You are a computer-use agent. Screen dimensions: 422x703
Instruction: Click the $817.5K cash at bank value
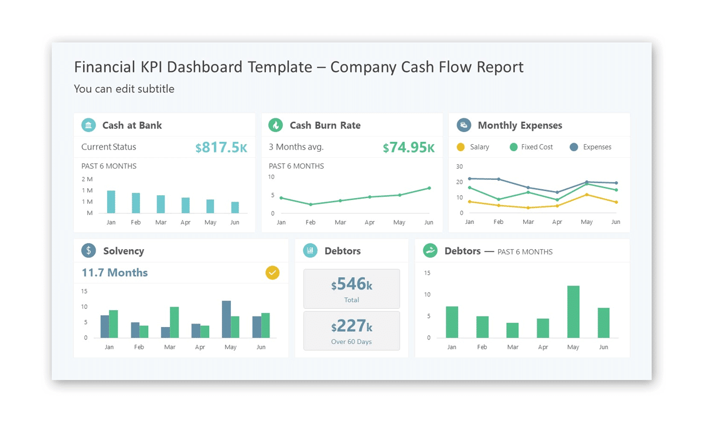[221, 147]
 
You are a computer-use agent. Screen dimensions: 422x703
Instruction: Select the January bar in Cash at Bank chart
[111, 202]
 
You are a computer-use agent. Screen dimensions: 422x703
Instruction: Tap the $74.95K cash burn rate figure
[409, 147]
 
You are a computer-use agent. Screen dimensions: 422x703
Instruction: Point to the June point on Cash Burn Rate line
[429, 188]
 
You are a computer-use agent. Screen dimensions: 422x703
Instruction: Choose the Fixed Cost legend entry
[531, 147]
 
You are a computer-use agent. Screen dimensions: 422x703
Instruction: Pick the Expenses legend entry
[591, 147]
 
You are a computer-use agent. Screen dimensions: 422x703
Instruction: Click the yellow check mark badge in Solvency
[272, 273]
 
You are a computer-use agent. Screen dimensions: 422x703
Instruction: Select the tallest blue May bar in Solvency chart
[226, 319]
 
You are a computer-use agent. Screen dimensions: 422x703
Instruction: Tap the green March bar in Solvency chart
[174, 322]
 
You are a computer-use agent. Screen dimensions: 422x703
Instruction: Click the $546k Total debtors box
[351, 288]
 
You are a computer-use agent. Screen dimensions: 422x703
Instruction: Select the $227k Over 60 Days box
[351, 331]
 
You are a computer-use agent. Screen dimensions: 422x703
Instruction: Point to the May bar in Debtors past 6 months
[573, 312]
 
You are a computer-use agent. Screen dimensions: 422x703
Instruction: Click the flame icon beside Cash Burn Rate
[275, 125]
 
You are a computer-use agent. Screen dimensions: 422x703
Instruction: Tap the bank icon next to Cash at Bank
[88, 125]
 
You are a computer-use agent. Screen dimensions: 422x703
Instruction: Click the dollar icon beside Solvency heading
[88, 251]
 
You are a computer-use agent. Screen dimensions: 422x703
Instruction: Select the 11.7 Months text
[115, 273]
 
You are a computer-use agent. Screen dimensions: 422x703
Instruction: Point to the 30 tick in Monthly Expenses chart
[459, 166]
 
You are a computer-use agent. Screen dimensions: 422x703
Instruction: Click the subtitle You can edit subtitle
[124, 89]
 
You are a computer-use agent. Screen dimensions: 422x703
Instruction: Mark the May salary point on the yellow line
[587, 195]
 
